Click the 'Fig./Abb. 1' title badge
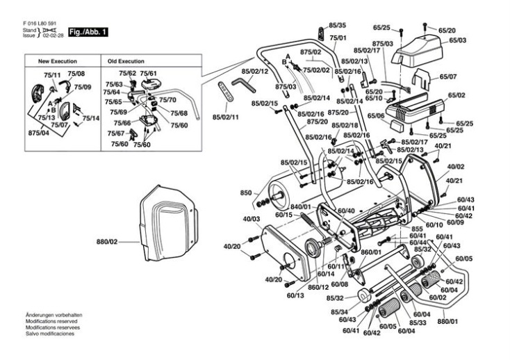pos(88,33)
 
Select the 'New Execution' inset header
pos(63,62)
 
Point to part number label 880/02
pos(108,242)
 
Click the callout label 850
pos(245,192)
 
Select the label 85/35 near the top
pos(338,25)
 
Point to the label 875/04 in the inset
pos(39,132)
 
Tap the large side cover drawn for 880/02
pos(167,222)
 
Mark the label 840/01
pos(300,207)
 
